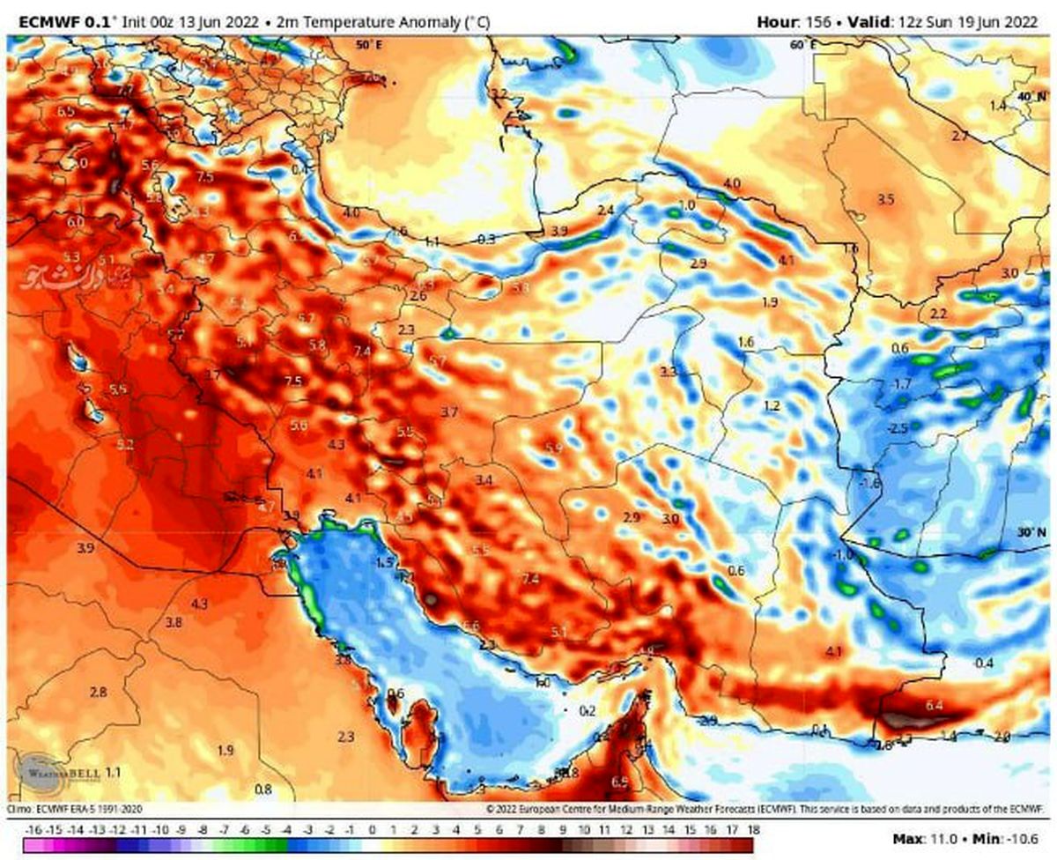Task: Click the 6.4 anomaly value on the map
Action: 935,705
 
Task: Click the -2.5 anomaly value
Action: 897,428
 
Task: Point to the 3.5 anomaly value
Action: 886,200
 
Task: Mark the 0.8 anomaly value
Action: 262,789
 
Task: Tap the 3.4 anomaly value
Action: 484,480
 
